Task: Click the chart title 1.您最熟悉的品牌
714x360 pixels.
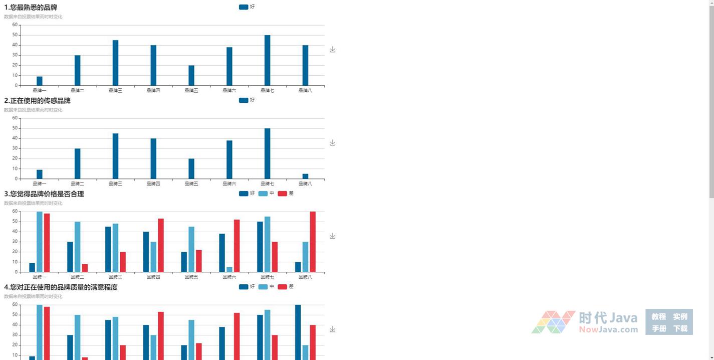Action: tap(31, 8)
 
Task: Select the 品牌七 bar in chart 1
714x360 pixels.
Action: tap(267, 60)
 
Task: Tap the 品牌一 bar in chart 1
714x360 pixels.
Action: tap(40, 81)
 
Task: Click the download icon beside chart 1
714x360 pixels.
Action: tap(332, 50)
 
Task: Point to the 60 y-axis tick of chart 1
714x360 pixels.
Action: tap(15, 25)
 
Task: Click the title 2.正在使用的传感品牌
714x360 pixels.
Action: tap(38, 101)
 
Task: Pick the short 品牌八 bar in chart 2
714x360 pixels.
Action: tap(305, 176)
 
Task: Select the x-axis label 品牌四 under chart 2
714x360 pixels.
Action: tap(153, 184)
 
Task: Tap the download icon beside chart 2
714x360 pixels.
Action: tap(332, 143)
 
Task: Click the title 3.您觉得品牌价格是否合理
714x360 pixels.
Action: tap(44, 194)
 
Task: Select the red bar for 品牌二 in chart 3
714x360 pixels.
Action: tap(85, 268)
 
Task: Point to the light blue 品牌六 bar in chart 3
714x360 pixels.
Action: tap(229, 269)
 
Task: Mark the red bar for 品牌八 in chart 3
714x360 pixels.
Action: tap(313, 242)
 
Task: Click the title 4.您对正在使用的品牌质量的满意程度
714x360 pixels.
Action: tap(61, 287)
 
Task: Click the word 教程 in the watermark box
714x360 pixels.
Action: tap(658, 316)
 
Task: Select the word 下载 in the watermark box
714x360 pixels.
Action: tap(680, 328)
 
